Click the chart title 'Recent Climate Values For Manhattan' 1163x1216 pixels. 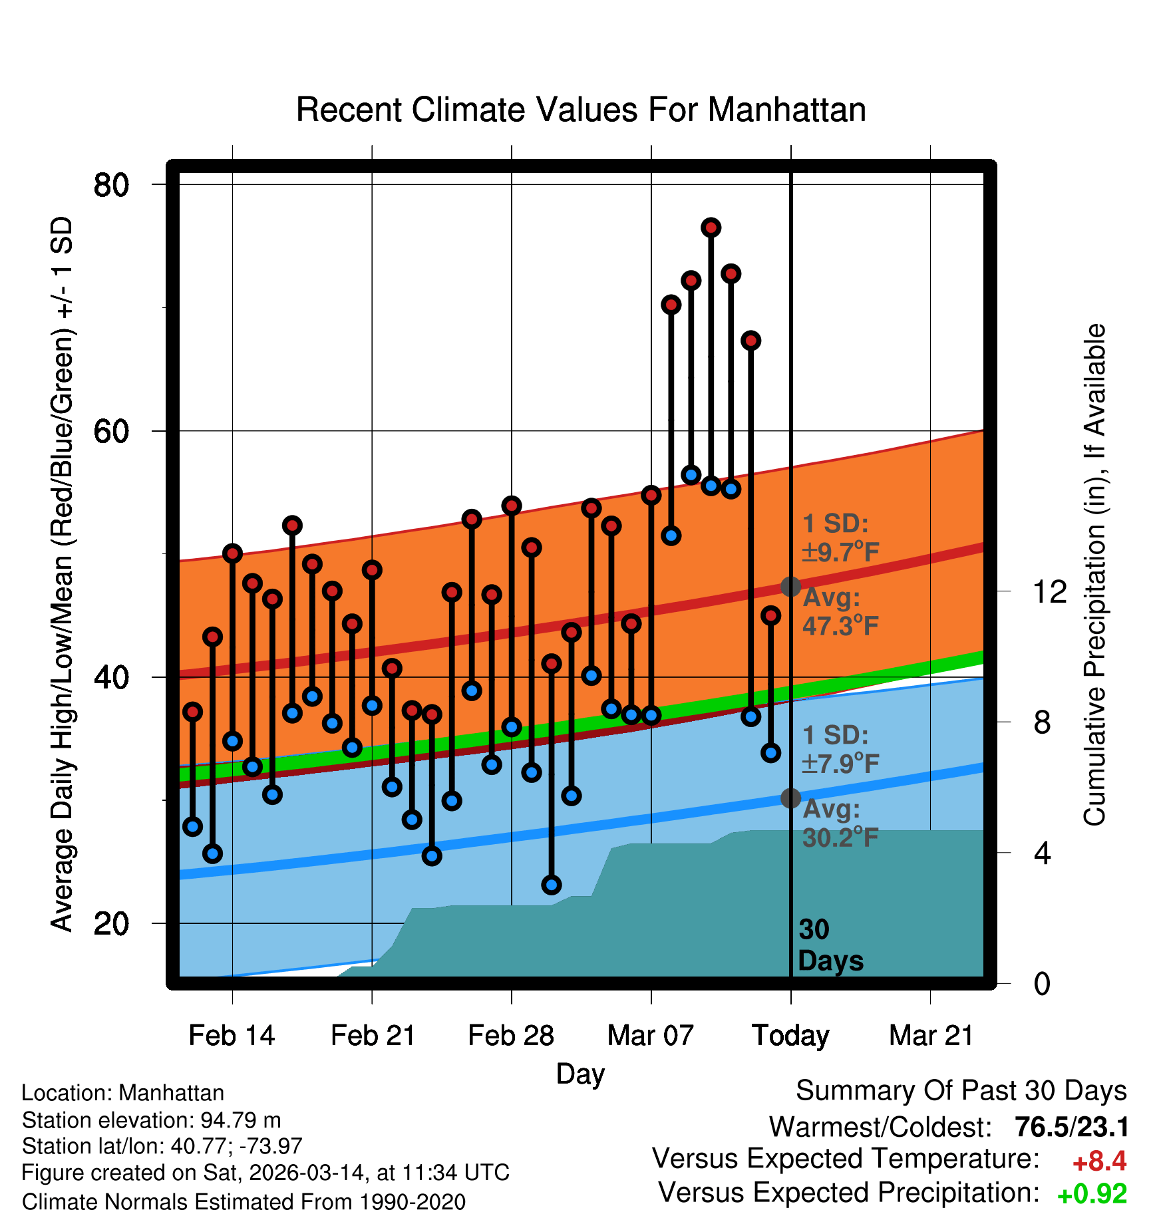click(581, 110)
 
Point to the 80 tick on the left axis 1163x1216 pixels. click(111, 185)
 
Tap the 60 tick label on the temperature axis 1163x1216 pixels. click(111, 432)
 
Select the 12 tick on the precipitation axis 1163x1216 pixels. click(1049, 591)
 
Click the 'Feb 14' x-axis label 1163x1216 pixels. click(232, 1036)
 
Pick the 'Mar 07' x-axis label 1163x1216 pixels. click(650, 1036)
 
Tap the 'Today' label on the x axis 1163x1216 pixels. click(790, 1036)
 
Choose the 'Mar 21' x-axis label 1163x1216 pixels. click(931, 1036)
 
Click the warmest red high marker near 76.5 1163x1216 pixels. click(711, 228)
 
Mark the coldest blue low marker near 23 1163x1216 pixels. click(552, 885)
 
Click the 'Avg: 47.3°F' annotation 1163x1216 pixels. click(840, 612)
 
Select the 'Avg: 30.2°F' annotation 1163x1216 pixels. click(840, 824)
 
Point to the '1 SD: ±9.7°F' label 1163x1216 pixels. click(840, 537)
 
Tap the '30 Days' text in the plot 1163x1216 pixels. click(830, 945)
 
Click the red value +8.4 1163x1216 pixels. click(1099, 1161)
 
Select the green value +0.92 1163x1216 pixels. click(1092, 1194)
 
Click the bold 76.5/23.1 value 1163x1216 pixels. click(1072, 1127)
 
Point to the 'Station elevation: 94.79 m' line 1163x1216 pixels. click(151, 1120)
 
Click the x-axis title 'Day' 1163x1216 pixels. click(580, 1074)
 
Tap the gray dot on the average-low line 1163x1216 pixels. click(790, 798)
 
